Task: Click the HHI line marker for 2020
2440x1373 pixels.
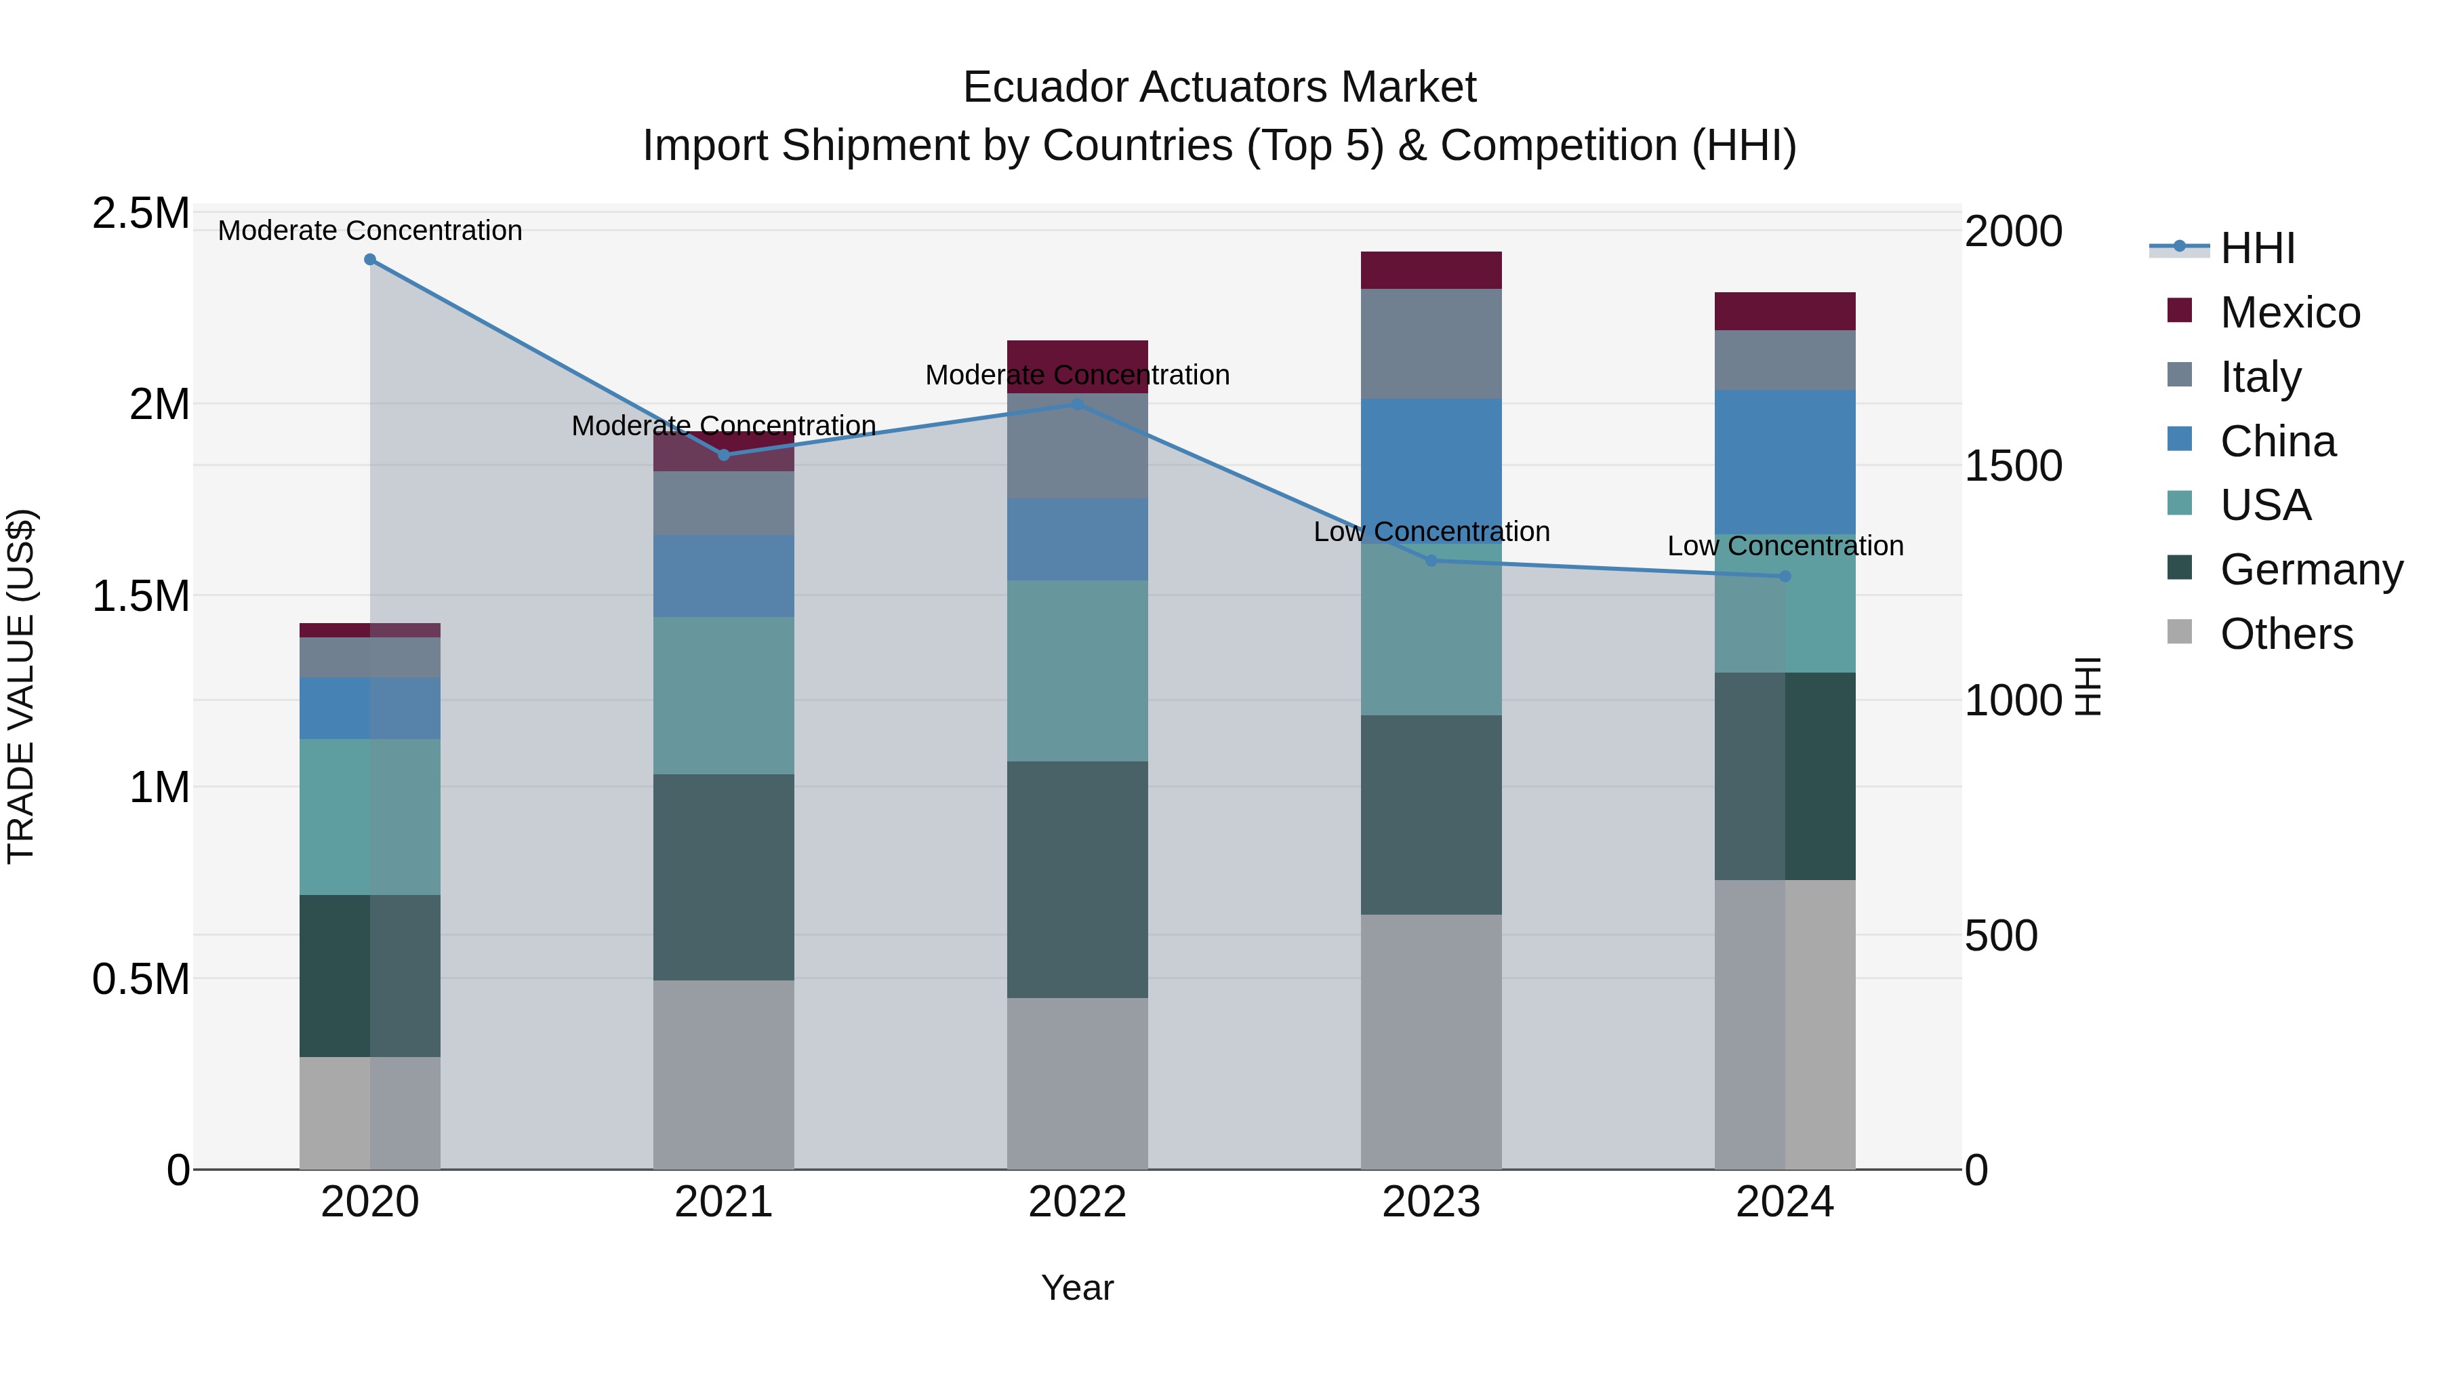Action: (x=370, y=260)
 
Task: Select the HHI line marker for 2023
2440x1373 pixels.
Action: (x=1431, y=561)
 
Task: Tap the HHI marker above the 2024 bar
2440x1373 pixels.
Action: (x=1785, y=576)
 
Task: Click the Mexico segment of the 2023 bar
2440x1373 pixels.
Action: (x=1431, y=270)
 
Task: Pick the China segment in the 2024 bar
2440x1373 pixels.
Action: (x=1785, y=462)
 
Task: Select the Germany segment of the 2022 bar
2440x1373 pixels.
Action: (x=1077, y=879)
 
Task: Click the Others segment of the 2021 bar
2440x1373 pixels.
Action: (x=724, y=1075)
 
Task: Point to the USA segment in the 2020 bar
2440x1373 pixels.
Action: (x=370, y=817)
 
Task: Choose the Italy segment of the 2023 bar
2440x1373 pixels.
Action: (x=1431, y=343)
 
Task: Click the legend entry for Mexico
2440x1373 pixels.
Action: (x=2290, y=313)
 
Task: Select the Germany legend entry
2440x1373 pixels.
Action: (x=2311, y=570)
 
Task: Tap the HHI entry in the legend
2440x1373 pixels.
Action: (x=2257, y=248)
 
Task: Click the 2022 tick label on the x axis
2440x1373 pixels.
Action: (x=1077, y=1202)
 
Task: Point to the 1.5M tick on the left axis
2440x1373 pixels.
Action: (x=141, y=597)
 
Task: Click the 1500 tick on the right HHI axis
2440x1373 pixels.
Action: (x=2013, y=466)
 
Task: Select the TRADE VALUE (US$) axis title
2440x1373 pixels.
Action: (x=22, y=686)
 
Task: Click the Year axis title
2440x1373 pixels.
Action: (x=1077, y=1288)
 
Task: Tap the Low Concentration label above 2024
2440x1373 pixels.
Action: (x=1785, y=546)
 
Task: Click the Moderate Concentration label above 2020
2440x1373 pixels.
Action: (x=370, y=231)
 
